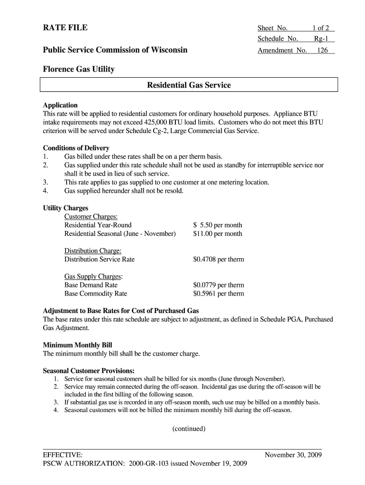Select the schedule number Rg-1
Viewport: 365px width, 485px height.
(x=324, y=39)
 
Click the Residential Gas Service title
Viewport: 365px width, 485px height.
(x=189, y=85)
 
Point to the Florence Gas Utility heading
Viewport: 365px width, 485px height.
(x=79, y=69)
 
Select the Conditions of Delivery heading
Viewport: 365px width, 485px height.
(x=76, y=148)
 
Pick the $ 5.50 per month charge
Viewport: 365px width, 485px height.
(x=218, y=225)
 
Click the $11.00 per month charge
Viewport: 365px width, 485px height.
(x=218, y=234)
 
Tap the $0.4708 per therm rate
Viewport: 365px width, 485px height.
(x=219, y=259)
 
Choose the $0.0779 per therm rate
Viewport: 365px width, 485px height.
(x=219, y=285)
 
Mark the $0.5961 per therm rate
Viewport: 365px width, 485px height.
(x=219, y=294)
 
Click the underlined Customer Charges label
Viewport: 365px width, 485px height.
(x=91, y=216)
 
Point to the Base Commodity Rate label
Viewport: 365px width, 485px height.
(x=96, y=294)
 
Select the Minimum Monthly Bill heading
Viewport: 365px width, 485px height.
(x=78, y=345)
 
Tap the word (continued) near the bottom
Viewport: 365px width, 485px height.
(x=189, y=429)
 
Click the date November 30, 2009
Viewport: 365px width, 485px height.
(x=293, y=455)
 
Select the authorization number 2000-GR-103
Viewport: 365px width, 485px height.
(x=151, y=463)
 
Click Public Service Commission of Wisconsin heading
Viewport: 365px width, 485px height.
(x=115, y=50)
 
